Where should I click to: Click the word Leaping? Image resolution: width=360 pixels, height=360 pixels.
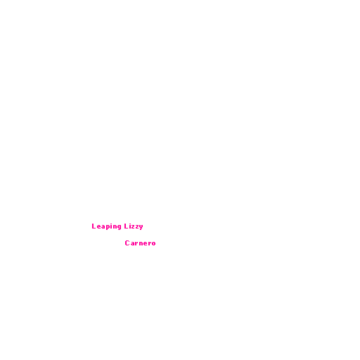point(107,226)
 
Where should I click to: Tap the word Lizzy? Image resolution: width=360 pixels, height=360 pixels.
point(134,226)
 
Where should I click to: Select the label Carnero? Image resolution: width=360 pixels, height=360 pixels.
point(140,243)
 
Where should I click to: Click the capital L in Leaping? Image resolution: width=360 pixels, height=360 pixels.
point(94,226)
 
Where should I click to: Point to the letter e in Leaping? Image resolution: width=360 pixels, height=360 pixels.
point(99,227)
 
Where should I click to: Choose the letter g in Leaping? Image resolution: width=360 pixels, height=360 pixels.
point(120,227)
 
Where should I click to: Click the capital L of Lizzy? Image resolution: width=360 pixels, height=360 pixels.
point(127,226)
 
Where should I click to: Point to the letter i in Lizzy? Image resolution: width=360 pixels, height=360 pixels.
point(130,226)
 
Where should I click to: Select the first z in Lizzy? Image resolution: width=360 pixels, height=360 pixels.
point(134,227)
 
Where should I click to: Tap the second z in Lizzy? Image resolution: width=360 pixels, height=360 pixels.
point(137,227)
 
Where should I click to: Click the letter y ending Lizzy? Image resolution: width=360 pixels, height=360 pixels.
point(141,227)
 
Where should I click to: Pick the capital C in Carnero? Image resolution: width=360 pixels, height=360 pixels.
point(127,243)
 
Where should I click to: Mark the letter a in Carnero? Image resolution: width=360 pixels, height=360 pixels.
point(133,244)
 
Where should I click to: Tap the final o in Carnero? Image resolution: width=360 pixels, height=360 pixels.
point(153,244)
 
